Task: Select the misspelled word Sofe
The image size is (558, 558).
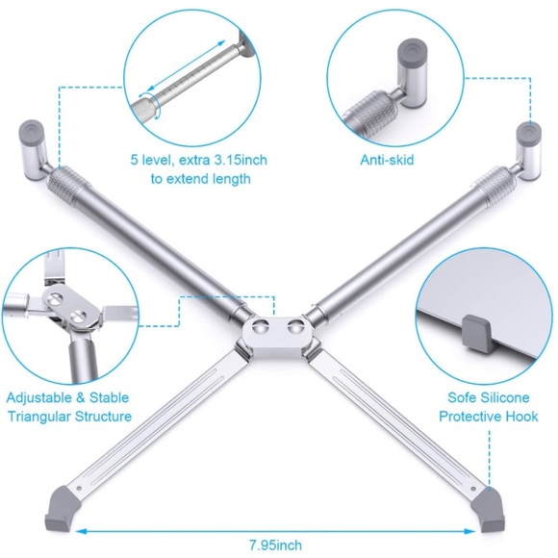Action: point(461,397)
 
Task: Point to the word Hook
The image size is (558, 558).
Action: point(520,417)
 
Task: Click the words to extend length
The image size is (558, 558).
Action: point(200,179)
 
